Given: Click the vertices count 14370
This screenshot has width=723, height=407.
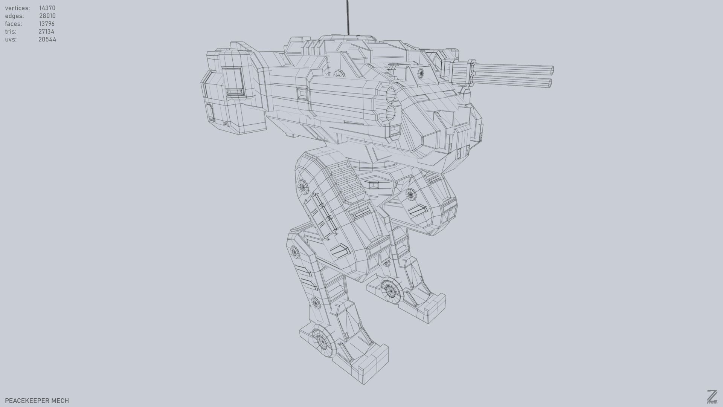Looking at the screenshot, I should coord(47,8).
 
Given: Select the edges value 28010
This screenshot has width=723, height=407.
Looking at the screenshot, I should coord(47,16).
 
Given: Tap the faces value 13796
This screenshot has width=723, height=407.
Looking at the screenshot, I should coord(47,24).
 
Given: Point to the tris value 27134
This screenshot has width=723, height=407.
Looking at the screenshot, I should coord(46,32).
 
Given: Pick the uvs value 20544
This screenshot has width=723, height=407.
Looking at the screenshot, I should coord(47,40).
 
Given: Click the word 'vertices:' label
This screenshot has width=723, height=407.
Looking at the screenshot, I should coord(17,8).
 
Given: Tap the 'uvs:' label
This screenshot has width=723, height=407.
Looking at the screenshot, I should coord(11,40).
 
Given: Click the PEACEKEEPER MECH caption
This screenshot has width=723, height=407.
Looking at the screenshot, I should coord(37,401).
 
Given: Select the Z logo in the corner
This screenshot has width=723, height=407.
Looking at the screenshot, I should coord(712,396).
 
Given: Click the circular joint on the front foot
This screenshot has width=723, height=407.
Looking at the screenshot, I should coord(322,342).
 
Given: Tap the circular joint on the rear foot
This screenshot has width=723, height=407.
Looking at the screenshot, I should coord(390,291).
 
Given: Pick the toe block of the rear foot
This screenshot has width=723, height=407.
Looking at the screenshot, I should coord(435,307).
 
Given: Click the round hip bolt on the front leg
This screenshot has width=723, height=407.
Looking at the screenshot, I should coord(302,186).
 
